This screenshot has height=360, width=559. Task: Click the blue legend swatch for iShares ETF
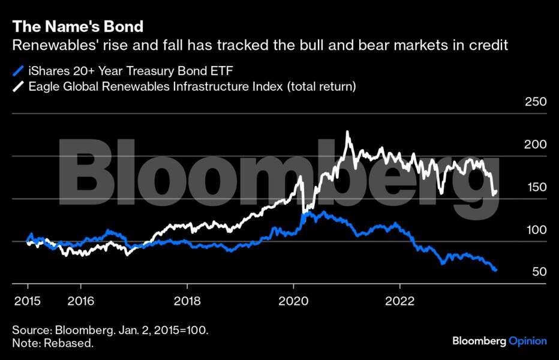click(18, 71)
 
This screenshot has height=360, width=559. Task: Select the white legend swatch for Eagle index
click(18, 86)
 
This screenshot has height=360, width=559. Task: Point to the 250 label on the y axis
click(535, 102)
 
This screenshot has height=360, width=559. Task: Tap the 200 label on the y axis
click(535, 145)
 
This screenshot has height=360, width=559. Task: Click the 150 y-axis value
click(535, 187)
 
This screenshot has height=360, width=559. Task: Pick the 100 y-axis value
click(535, 230)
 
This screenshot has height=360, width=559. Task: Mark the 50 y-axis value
click(538, 272)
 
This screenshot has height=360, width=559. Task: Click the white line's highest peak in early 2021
click(347, 132)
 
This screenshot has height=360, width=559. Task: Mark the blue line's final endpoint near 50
click(496, 271)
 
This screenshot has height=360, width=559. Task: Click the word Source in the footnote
click(31, 331)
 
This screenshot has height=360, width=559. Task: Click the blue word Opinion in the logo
click(528, 341)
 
